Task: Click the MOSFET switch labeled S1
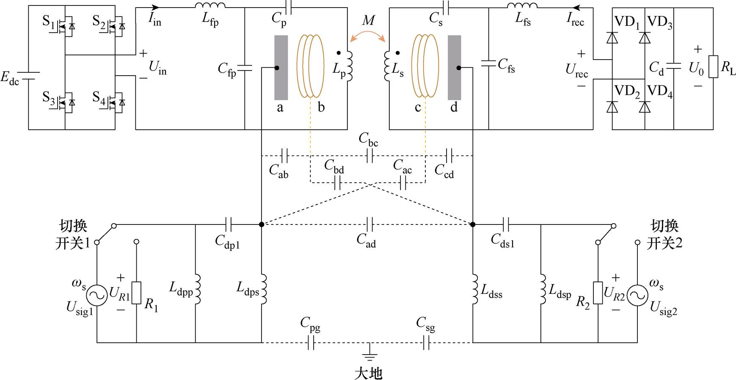(x=66, y=27)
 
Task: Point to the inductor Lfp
(x=210, y=5)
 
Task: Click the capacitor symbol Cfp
(x=245, y=68)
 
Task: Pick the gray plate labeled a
(x=281, y=68)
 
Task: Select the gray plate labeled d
(x=455, y=68)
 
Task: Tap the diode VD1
(x=612, y=38)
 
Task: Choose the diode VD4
(x=645, y=107)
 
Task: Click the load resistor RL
(x=714, y=67)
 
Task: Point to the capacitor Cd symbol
(x=673, y=66)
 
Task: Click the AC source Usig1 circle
(x=97, y=295)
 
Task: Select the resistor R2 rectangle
(x=598, y=293)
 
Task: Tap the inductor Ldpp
(x=197, y=289)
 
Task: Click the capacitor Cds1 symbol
(x=506, y=224)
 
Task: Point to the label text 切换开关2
(x=664, y=235)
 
